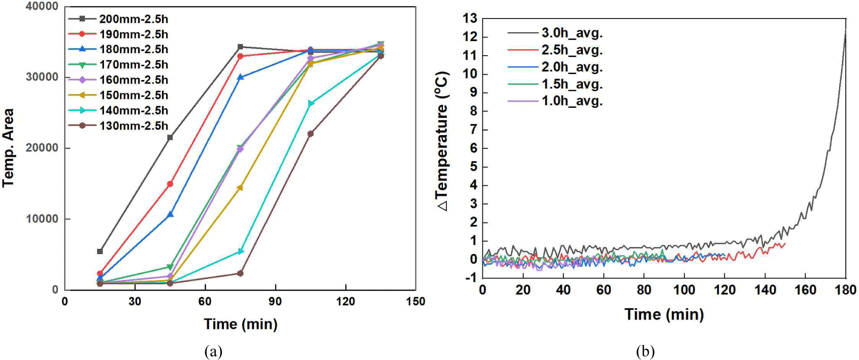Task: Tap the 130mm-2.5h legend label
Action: pyautogui.click(x=133, y=126)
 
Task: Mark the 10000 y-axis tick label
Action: pyautogui.click(x=41, y=219)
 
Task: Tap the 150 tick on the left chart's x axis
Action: pyautogui.click(x=416, y=302)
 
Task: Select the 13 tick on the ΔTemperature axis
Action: pyautogui.click(x=470, y=19)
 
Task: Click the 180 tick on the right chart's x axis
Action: pyautogui.click(x=846, y=290)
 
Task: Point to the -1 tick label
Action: pyautogui.click(x=471, y=278)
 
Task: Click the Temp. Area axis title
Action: pyautogui.click(x=8, y=148)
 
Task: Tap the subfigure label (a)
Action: pyautogui.click(x=214, y=351)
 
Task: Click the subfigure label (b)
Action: pyautogui.click(x=645, y=351)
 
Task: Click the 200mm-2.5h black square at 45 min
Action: pyautogui.click(x=170, y=138)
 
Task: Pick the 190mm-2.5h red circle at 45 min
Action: pyautogui.click(x=170, y=184)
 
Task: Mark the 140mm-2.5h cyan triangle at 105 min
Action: pyautogui.click(x=311, y=103)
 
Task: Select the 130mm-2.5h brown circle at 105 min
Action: pyautogui.click(x=311, y=134)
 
